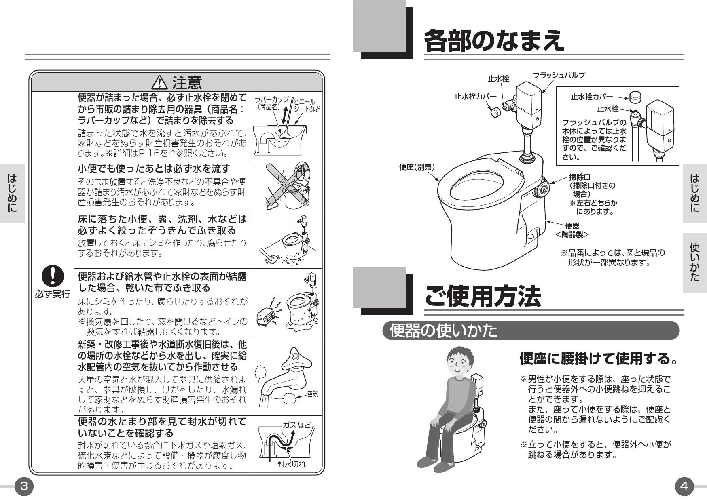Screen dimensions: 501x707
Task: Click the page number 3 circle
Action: [x=24, y=486]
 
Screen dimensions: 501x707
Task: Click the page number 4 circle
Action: [x=684, y=486]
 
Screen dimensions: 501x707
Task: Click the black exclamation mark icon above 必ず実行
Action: [x=52, y=276]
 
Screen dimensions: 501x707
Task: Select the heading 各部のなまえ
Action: [x=493, y=40]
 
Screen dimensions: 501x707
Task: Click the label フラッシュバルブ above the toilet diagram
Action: [x=559, y=75]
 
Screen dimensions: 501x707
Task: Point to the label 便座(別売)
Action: [x=417, y=167]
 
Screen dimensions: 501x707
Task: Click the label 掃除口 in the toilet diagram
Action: [x=580, y=177]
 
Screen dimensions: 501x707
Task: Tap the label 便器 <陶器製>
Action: [x=572, y=230]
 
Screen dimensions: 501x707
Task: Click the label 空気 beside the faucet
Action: [x=312, y=394]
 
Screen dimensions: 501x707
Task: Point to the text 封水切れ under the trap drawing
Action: [x=291, y=464]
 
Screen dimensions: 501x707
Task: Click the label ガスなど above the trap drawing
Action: [x=296, y=425]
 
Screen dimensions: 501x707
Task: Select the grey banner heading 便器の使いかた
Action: [x=443, y=330]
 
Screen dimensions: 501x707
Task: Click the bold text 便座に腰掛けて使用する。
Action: [x=599, y=358]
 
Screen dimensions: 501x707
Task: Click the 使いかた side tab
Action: [x=694, y=262]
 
